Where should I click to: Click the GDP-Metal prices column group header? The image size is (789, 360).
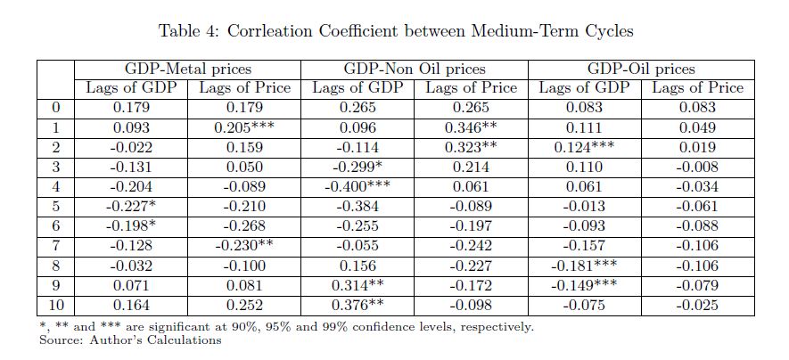pos(188,69)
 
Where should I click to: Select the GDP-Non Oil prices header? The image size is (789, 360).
pos(415,69)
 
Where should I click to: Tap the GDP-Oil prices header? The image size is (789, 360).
pos(641,69)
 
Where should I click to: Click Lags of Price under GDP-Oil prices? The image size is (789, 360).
pos(697,87)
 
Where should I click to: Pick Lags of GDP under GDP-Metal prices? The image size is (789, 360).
pos(131,87)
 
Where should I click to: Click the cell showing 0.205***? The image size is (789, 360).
pos(243,127)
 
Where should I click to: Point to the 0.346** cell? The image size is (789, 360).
pos(471,127)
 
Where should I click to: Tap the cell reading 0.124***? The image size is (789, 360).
pos(584,147)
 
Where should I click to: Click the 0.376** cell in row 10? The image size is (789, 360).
pos(358,306)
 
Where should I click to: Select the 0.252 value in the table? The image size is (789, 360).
pos(243,306)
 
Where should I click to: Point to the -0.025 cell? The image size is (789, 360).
pos(697,306)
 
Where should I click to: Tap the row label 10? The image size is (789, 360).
pos(55,306)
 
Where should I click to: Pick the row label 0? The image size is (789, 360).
pos(55,108)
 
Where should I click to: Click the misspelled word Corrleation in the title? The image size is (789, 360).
pos(268,31)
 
